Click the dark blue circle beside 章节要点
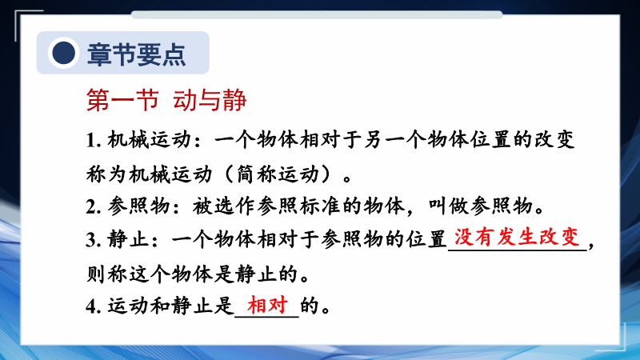[63, 53]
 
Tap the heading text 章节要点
[137, 54]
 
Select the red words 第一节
[122, 100]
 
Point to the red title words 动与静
[210, 100]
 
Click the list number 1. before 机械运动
[93, 141]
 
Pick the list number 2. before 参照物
[93, 206]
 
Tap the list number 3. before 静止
[93, 239]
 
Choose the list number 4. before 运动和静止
[93, 306]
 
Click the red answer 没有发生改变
[517, 237]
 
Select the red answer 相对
[268, 305]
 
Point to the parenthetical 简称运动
[278, 174]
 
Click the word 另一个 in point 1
[395, 140]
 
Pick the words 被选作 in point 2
[224, 206]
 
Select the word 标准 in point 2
[320, 206]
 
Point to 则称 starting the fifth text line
[107, 274]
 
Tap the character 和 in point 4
[161, 306]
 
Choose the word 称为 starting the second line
[107, 174]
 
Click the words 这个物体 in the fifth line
[170, 274]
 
